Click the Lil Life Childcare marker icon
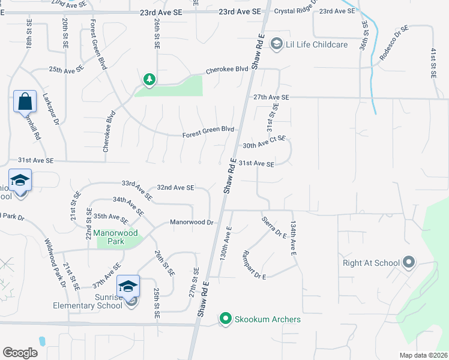coord(277,44)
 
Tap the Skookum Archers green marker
coord(226,319)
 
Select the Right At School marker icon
coord(409,262)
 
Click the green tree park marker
coord(149,79)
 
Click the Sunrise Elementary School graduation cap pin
coord(128,286)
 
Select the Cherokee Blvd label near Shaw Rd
coord(227,70)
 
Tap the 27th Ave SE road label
coord(271,97)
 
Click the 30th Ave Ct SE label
coord(264,142)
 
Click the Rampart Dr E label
coord(253,265)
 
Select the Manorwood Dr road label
coord(192,222)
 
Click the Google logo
coord(20,353)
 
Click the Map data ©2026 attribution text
coord(423,355)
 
